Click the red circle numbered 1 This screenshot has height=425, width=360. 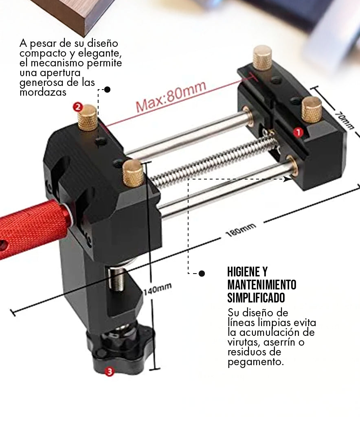click(x=298, y=132)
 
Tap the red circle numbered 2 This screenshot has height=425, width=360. click(x=78, y=107)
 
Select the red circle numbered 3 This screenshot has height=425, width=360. click(x=110, y=371)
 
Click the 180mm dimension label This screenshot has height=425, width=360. click(x=241, y=230)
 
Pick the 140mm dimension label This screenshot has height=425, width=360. click(x=158, y=289)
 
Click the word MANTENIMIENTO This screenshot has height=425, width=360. click(x=261, y=285)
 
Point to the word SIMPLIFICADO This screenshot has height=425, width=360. click(x=256, y=298)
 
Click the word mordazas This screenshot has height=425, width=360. click(x=43, y=92)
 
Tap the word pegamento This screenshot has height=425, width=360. click(x=255, y=362)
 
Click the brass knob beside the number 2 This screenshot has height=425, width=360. click(x=87, y=118)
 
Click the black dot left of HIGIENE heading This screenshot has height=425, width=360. click(x=202, y=274)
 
